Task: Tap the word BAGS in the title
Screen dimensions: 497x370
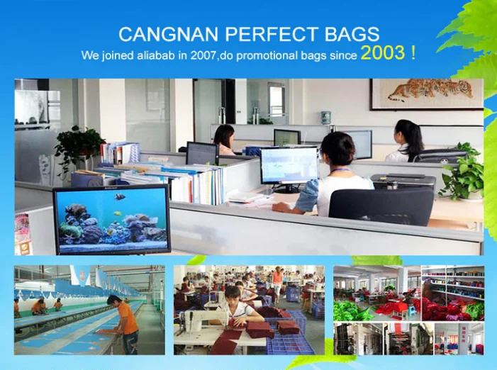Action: tap(352, 34)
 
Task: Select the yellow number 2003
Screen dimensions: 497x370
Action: tap(383, 52)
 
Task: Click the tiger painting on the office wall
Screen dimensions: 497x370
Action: tap(427, 94)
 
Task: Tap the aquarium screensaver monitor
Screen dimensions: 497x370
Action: tap(112, 220)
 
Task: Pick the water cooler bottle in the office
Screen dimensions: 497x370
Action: tap(326, 118)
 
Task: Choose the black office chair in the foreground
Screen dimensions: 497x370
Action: tap(381, 206)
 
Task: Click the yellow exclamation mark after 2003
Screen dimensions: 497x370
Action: tap(413, 52)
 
